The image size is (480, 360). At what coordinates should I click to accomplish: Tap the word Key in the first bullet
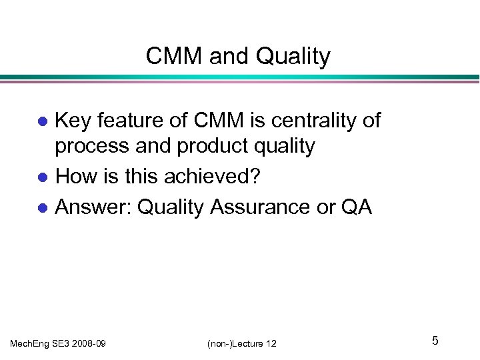pyautogui.click(x=74, y=121)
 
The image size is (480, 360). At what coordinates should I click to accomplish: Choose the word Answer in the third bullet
pyautogui.click(x=93, y=207)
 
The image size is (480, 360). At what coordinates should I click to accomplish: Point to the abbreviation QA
pyautogui.click(x=357, y=207)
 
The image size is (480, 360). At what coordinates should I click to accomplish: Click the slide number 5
pyautogui.click(x=435, y=341)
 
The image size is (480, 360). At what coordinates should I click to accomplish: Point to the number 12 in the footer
pyautogui.click(x=271, y=343)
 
